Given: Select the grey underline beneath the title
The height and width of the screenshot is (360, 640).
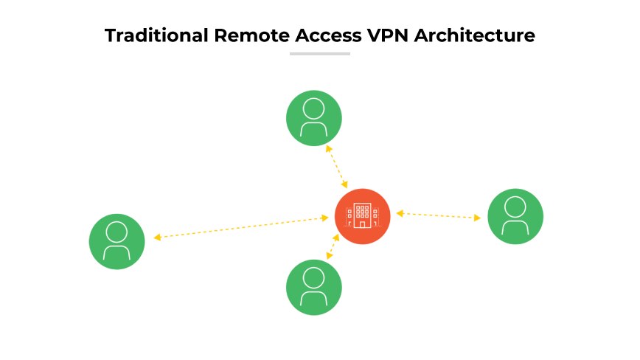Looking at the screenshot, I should point(319,54).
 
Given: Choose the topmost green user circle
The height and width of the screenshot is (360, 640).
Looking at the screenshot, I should point(314,118).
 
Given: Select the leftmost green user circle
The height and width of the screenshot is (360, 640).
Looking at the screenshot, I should point(116,241).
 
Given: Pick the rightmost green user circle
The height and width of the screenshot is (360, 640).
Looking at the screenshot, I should point(515,216).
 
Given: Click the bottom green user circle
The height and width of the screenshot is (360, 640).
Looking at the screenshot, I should point(314,287).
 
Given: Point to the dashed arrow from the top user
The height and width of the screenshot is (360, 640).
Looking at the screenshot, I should point(337,166).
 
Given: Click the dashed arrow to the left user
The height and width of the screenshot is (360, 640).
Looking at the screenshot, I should point(241,227).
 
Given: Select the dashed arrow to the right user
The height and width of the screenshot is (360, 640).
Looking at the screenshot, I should point(439,215).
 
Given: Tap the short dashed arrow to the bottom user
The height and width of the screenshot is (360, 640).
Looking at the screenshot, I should point(333,246).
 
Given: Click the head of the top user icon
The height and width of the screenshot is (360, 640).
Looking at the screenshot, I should point(314,108).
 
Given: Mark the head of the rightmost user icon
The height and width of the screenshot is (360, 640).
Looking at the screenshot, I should point(515,207).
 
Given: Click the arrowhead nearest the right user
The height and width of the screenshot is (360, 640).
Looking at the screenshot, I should point(478,218).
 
